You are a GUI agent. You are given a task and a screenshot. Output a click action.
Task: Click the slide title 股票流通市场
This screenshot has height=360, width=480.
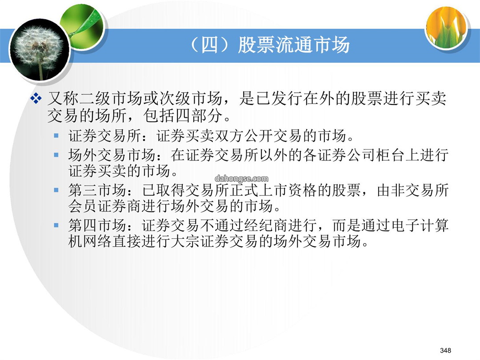pos(294,45)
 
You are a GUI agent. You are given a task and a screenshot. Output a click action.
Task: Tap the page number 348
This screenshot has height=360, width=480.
pos(445,350)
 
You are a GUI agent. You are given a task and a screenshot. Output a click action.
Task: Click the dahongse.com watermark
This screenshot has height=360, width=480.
pos(241,179)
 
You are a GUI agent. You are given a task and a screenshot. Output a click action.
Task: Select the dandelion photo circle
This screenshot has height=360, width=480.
pos(39,50)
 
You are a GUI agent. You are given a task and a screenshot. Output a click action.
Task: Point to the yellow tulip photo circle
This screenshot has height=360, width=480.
pos(447,28)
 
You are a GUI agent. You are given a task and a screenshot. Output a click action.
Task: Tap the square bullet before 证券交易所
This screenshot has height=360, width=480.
pos(56,135)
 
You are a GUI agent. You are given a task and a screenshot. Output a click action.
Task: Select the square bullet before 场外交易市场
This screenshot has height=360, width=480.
pos(56,155)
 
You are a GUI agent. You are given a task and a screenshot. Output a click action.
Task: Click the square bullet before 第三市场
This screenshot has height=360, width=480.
pos(56,190)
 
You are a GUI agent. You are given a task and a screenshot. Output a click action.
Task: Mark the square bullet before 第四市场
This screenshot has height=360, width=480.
pos(56,225)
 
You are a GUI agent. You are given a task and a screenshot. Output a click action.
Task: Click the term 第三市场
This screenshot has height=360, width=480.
pos(97,190)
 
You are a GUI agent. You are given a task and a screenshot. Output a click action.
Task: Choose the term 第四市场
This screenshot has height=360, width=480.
pos(97,225)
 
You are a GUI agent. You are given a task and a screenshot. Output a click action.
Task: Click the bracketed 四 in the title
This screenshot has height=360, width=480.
pos(210,45)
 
